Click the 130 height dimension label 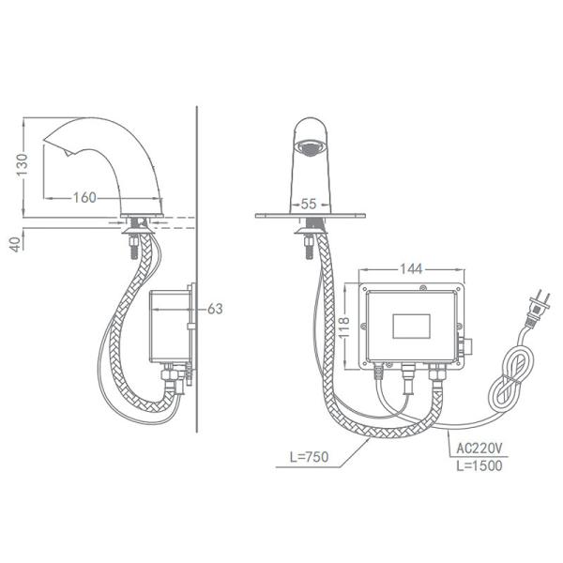point(22,165)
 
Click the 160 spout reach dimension point(84,197)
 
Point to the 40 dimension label point(15,244)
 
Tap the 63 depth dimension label point(215,309)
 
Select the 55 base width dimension point(309,204)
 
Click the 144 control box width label point(412,269)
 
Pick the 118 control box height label point(344,327)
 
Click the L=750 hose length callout point(309,457)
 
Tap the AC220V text point(479,449)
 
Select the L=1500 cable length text point(479,465)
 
